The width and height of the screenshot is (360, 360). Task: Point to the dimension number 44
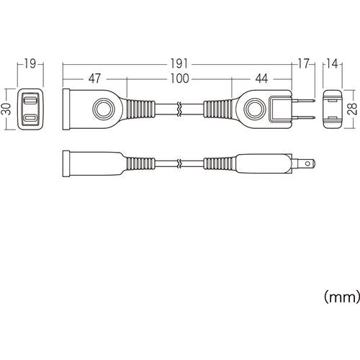(261, 76)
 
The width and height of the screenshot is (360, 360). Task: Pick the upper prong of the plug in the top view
(305, 101)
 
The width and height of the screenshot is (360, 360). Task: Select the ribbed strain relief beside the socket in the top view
(141, 109)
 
